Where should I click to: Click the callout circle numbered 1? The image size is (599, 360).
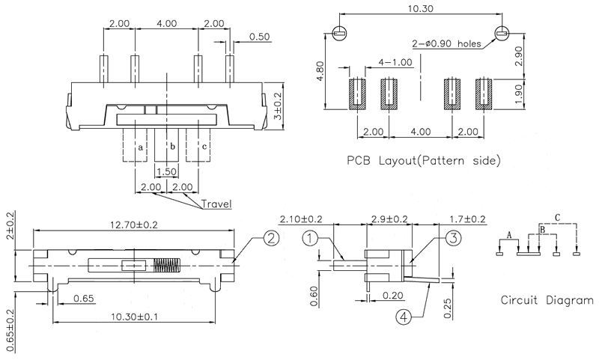coord(311,239)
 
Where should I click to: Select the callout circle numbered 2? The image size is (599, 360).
coord(270,240)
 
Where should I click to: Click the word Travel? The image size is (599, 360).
coord(216,204)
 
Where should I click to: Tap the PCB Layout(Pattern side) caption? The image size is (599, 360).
coord(423,160)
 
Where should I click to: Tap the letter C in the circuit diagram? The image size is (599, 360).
coord(557,217)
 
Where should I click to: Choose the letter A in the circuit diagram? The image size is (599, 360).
coord(509,235)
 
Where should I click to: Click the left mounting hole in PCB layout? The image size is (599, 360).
coord(339,33)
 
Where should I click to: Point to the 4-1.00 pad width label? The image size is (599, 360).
coord(395,62)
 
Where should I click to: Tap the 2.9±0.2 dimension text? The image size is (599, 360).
coord(389,219)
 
